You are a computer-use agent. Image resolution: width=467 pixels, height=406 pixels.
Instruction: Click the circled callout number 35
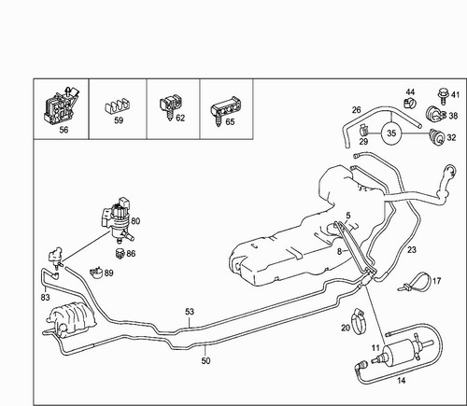click(x=391, y=133)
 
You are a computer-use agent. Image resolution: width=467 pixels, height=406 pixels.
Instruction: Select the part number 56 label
click(x=64, y=130)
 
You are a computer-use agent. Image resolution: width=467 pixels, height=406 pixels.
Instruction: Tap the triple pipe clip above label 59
click(x=118, y=107)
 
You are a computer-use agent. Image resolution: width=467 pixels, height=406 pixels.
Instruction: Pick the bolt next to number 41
click(x=442, y=95)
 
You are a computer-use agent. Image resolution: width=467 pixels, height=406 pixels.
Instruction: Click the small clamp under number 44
click(x=410, y=103)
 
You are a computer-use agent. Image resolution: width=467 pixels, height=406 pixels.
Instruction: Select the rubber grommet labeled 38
click(x=434, y=115)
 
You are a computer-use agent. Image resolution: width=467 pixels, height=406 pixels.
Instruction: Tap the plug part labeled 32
click(x=437, y=137)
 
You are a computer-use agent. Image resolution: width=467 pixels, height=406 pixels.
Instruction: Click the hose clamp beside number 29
click(x=364, y=130)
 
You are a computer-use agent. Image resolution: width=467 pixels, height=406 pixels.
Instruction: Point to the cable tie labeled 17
click(x=416, y=282)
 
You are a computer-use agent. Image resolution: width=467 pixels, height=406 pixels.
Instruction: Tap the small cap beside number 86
click(x=120, y=253)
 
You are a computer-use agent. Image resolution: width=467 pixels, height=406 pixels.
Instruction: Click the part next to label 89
click(x=96, y=273)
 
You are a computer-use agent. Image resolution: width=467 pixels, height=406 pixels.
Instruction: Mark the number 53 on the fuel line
click(x=190, y=312)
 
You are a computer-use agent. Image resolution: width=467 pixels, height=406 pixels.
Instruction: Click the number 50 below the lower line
click(x=205, y=361)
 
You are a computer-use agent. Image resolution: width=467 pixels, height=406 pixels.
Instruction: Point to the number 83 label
click(x=45, y=298)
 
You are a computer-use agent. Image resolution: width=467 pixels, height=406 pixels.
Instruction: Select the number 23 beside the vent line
click(x=412, y=249)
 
